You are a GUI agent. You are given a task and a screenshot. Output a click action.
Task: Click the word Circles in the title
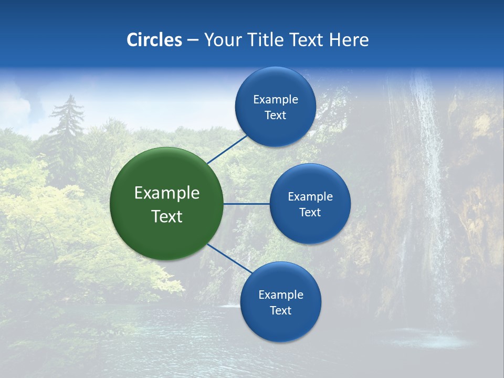coord(154,40)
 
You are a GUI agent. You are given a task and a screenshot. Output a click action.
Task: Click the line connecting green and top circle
coord(228,149)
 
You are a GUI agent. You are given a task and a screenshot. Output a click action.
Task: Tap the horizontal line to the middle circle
coord(247,204)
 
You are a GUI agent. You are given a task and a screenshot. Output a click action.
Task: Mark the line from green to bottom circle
coord(229,258)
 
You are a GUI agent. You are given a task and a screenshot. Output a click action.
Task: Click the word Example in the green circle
coord(167,193)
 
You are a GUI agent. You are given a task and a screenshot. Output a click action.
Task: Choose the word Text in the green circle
coord(167,216)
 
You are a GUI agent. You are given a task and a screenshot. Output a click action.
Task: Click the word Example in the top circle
coord(276,100)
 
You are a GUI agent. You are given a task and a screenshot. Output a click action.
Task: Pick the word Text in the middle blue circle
coord(310,212)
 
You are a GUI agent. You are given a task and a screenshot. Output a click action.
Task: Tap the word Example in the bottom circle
coord(280,295)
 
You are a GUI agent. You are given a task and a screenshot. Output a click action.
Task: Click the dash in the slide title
coord(193,40)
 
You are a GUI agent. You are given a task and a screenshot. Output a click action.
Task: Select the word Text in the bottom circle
coord(280,311)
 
